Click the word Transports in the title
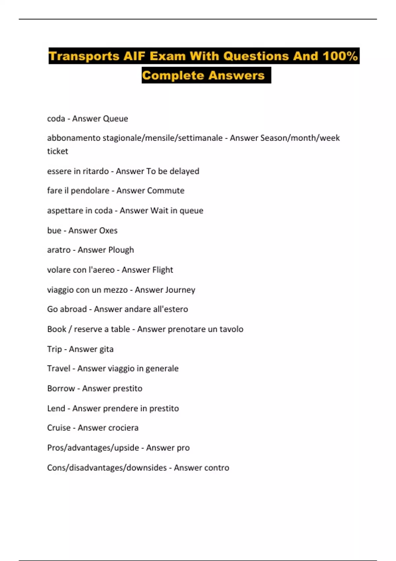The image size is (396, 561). tap(84, 56)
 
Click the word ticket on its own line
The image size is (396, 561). tap(57, 151)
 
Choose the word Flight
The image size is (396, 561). tap(160, 270)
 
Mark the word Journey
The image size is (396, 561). tap(180, 290)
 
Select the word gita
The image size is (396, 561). tap(106, 349)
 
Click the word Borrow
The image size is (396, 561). tap(61, 388)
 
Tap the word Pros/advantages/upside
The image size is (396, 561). tap(93, 448)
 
